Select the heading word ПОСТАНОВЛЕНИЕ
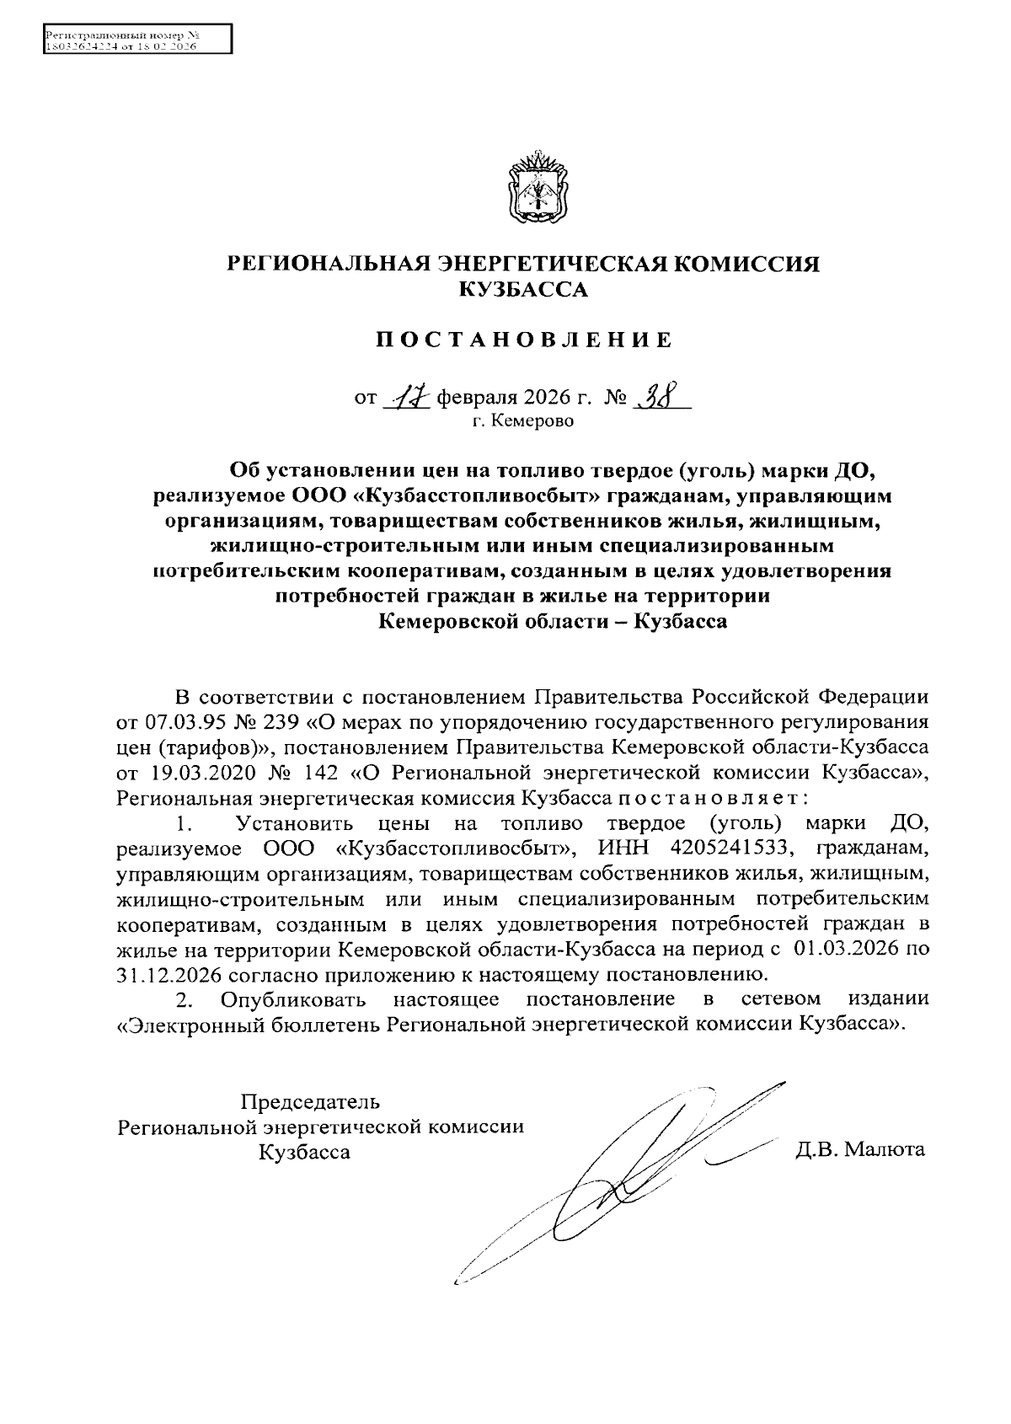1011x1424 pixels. tap(524, 340)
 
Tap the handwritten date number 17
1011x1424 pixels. tap(406, 396)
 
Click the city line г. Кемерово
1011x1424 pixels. tap(522, 421)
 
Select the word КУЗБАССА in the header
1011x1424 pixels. tap(522, 291)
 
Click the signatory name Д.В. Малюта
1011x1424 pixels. tap(860, 1149)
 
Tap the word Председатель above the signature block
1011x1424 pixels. tap(310, 1101)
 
